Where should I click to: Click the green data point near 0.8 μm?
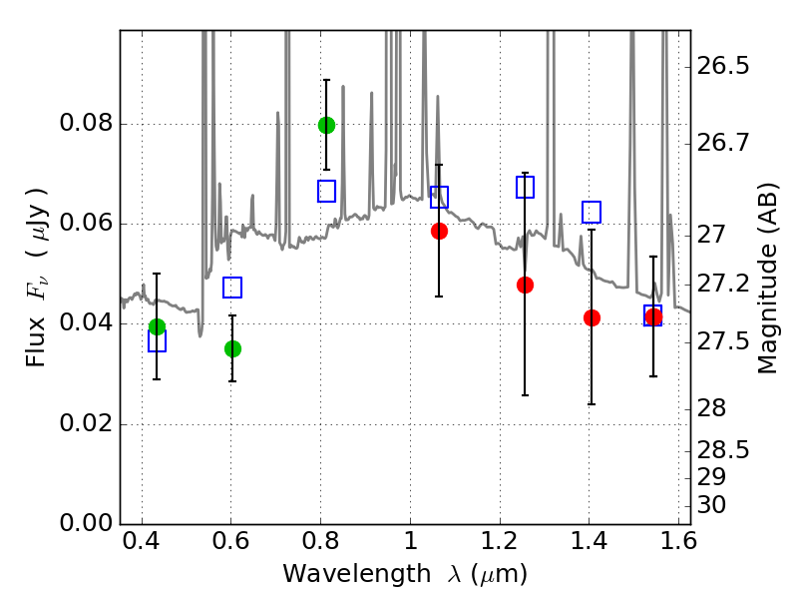[x=326, y=125]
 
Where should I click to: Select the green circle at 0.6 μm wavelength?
[x=232, y=348]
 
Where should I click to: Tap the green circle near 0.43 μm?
[x=157, y=326]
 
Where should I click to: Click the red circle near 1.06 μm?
[x=439, y=231]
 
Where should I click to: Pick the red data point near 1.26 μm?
[x=525, y=285]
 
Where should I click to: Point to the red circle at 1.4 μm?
[x=592, y=317]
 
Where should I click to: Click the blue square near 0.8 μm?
[x=326, y=191]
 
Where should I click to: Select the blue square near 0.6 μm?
[x=232, y=288]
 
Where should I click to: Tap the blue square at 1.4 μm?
[x=592, y=212]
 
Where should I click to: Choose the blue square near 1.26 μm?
[x=525, y=187]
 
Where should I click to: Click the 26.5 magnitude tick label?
[x=725, y=67]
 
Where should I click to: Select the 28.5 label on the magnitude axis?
[x=725, y=449]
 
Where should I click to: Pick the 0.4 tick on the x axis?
[x=143, y=546]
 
